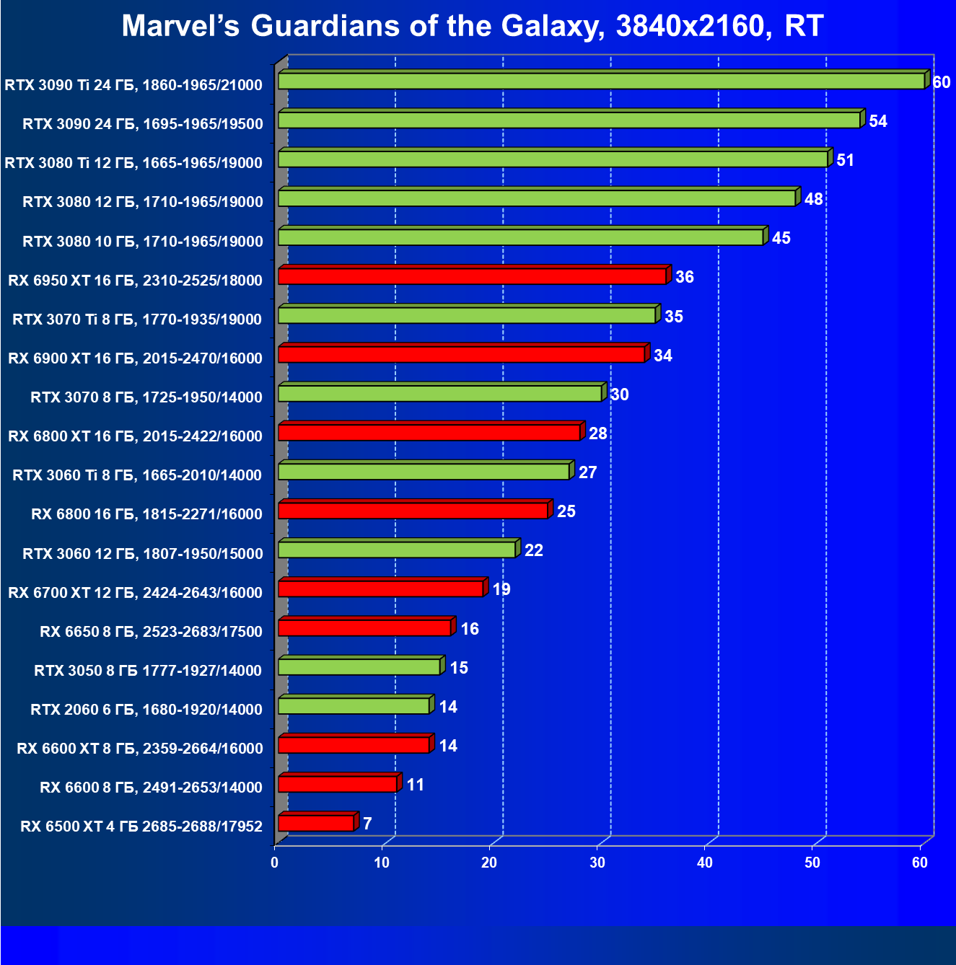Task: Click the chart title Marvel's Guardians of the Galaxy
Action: tap(473, 27)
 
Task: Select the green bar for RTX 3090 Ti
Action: tap(601, 81)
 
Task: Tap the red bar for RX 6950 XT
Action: tap(472, 276)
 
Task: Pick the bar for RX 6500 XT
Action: tap(316, 823)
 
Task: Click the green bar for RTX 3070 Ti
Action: tap(467, 315)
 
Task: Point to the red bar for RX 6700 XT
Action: tap(380, 589)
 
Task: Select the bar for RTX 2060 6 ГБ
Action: tap(354, 705)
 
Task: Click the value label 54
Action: tap(878, 121)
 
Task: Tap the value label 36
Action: tap(684, 277)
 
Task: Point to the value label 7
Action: tap(367, 824)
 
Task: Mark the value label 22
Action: tap(534, 550)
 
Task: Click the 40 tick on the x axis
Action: tap(705, 863)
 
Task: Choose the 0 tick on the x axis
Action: tap(275, 863)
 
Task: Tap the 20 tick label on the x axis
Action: tap(490, 863)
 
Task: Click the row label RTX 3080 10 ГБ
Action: tap(143, 241)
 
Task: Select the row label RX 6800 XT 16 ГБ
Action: tap(136, 436)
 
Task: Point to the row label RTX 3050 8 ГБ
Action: tap(148, 670)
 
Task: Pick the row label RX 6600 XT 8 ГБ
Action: tap(140, 748)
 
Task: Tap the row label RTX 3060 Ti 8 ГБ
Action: tap(137, 475)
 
